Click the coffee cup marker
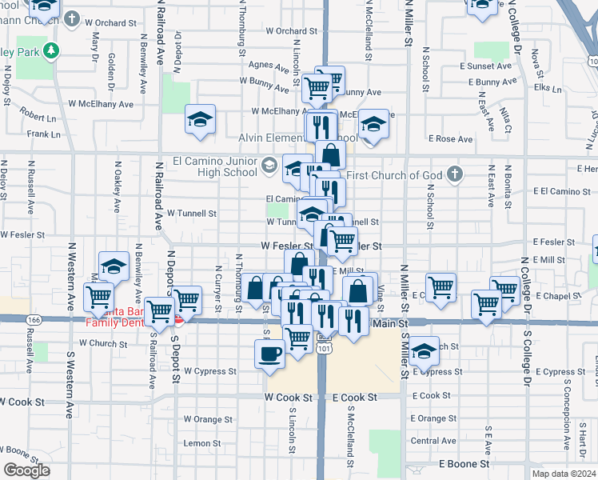(269, 353)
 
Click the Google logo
(26, 470)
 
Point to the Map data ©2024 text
(564, 474)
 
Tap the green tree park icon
(53, 51)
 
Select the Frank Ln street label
(43, 134)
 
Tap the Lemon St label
(196, 443)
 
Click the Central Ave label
(433, 441)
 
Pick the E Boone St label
(464, 464)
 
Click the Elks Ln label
(549, 87)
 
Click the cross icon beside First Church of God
(454, 174)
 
